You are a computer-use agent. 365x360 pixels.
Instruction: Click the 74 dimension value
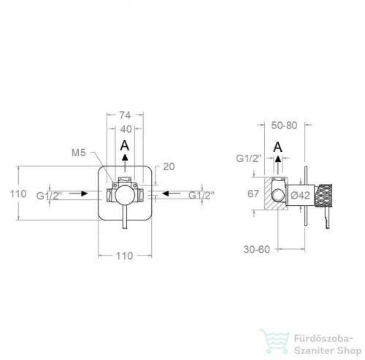(x=125, y=115)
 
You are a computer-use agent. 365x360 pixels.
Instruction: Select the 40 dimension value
(x=126, y=129)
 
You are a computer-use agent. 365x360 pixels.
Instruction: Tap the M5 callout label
(x=79, y=153)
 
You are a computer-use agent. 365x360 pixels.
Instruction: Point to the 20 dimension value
(x=169, y=166)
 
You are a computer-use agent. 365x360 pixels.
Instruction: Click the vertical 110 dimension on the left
(x=18, y=194)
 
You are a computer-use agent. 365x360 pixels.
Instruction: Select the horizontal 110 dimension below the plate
(x=124, y=256)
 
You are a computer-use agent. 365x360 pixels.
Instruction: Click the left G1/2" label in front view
(x=49, y=196)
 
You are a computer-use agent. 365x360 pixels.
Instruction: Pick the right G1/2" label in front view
(x=201, y=195)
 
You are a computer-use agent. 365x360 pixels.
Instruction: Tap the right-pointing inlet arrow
(x=78, y=194)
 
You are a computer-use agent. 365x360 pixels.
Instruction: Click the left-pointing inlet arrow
(x=172, y=194)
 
